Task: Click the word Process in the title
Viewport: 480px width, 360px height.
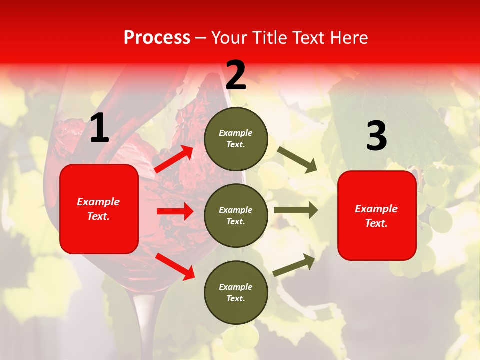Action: (157, 37)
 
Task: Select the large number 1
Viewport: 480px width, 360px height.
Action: (99, 128)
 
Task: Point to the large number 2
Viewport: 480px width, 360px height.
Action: (236, 75)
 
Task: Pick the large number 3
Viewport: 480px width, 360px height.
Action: (376, 136)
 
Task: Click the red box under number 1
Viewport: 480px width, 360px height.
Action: (99, 209)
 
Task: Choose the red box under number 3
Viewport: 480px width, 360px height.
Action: (377, 215)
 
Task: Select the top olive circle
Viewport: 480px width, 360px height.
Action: (236, 139)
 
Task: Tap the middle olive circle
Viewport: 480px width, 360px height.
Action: (236, 215)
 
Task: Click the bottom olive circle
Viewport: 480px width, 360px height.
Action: (236, 292)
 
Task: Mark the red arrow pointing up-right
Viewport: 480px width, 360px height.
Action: (174, 159)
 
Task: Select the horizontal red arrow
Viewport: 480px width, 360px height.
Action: (175, 211)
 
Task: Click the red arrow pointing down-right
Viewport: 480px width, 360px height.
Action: (175, 266)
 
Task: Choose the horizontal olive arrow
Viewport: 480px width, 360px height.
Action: (296, 210)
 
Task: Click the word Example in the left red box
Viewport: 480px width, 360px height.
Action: (98, 202)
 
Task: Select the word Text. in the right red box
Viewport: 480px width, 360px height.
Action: (376, 223)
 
